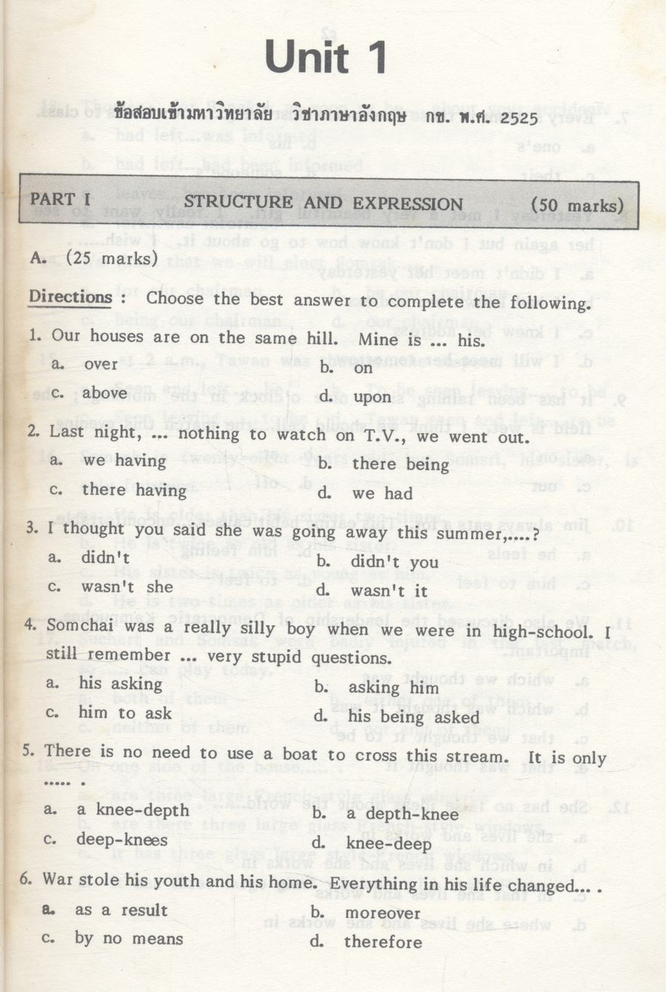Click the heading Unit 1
pos(325,57)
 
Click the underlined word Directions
pos(70,297)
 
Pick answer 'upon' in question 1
pos(371,397)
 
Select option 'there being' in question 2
pos(400,464)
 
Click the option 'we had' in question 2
pos(382,493)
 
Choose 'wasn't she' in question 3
pos(127,586)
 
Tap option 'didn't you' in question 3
pos(394,562)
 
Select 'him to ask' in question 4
pos(125,713)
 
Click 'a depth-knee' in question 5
pos(402,814)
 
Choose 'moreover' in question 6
pos(383,913)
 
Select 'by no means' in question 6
pos(129,938)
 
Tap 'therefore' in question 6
pos(383,943)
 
